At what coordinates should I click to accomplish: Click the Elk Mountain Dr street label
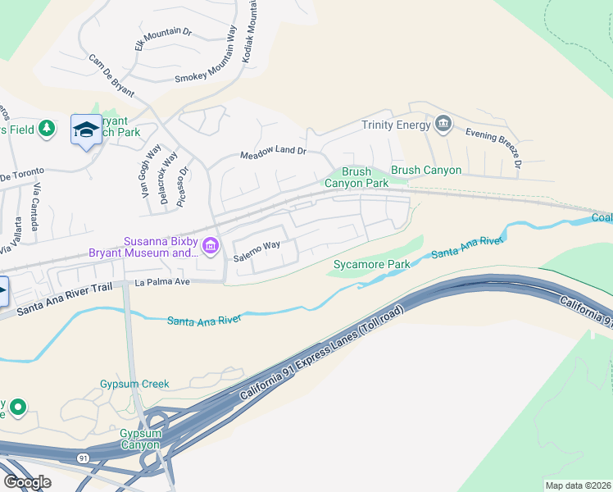(163, 39)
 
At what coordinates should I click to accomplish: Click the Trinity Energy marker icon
(443, 124)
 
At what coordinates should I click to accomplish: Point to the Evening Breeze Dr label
(493, 148)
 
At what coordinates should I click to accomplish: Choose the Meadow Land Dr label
(272, 153)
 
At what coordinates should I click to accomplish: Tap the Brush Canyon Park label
(356, 177)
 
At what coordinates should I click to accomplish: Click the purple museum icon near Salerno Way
(211, 245)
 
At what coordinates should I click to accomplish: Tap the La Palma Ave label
(161, 282)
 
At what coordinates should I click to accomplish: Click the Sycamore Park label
(371, 265)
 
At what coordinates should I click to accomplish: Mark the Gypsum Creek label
(134, 384)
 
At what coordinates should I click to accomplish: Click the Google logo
(27, 481)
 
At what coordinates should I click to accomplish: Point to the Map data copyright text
(577, 485)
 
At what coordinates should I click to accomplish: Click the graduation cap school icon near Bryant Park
(86, 130)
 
